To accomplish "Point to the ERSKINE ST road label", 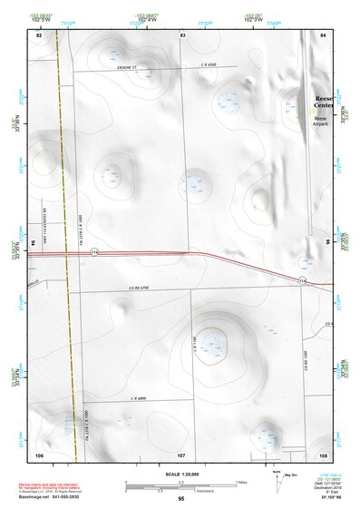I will tap(121, 66).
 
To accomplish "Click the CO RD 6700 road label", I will tap(140, 288).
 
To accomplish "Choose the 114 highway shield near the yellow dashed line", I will tap(93, 253).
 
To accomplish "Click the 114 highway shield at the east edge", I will tap(304, 281).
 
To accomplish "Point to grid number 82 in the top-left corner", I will tap(39, 34).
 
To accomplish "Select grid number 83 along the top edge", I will tap(182, 34).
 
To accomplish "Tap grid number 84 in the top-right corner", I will tap(323, 34).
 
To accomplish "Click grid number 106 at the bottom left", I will tap(39, 454).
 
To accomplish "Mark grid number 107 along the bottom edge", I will tap(181, 454).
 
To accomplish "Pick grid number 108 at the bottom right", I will tap(323, 454).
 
